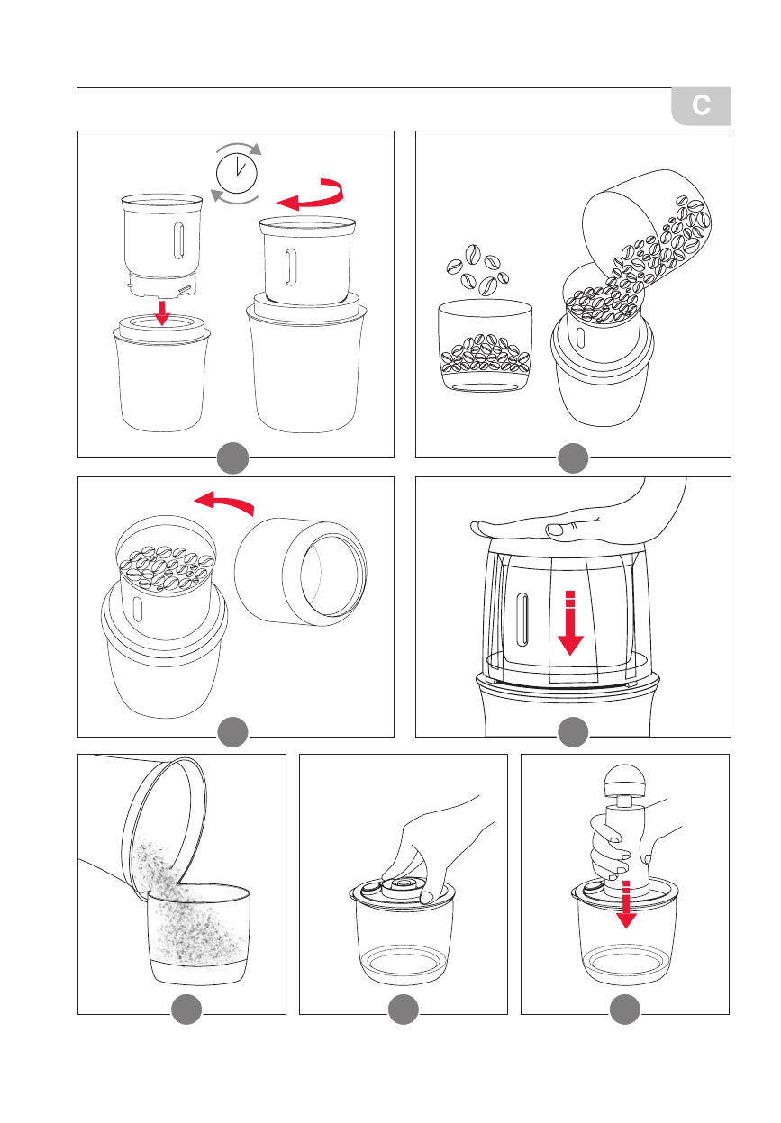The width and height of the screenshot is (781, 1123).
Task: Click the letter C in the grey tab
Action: point(700,105)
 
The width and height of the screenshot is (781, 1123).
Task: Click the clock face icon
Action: point(236,174)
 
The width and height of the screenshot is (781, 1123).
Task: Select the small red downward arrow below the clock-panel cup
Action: point(161,312)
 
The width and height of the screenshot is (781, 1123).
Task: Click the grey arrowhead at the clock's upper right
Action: point(256,149)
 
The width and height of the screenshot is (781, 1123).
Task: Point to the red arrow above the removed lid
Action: point(223,503)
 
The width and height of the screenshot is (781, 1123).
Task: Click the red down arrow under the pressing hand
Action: point(570,624)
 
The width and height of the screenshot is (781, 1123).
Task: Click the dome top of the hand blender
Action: point(624,781)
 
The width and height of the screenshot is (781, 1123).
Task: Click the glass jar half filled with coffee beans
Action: point(485,346)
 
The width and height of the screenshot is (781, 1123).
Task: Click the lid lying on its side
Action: point(300,572)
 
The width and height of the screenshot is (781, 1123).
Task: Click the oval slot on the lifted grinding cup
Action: point(178,240)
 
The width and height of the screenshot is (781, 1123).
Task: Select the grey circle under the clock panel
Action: point(232,457)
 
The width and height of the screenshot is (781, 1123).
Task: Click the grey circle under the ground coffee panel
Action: point(186,1010)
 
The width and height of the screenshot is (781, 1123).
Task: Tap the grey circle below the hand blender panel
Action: point(624,1010)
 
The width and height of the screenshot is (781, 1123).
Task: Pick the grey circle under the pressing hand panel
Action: point(573,732)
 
